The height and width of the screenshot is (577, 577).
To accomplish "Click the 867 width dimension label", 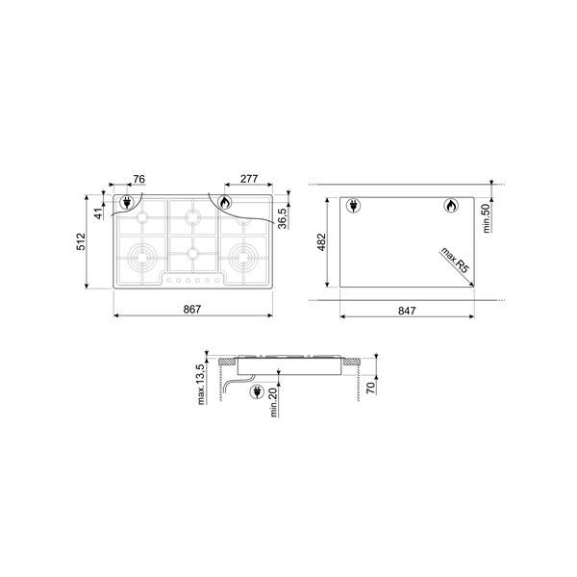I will tap(192, 308).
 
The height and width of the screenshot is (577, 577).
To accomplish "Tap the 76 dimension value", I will tap(138, 179).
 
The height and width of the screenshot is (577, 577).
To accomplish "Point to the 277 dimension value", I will tap(249, 179).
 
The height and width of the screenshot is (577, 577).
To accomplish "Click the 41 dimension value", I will tap(98, 213).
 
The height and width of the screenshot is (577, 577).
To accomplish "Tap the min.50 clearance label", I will tap(487, 218).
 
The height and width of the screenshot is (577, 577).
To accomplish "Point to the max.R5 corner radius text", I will tap(454, 263).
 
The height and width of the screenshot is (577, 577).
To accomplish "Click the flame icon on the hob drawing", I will tap(223, 203).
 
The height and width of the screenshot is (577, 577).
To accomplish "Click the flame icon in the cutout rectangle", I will tap(450, 206).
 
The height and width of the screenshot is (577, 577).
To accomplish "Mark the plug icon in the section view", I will tap(257, 390).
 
